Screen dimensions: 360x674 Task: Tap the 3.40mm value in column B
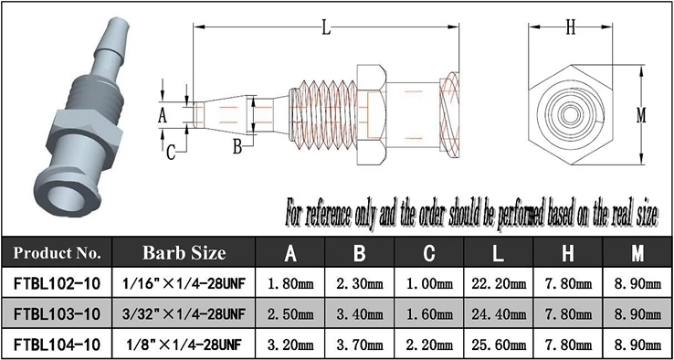360,313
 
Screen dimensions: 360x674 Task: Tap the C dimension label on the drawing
171,153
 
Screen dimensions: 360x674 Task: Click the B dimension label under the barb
235,145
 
